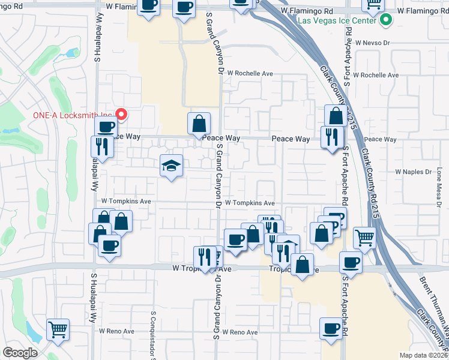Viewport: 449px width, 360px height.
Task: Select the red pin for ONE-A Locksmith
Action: (x=121, y=113)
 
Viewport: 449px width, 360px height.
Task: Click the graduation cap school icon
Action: (x=171, y=165)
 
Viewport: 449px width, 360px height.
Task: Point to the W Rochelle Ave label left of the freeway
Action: (x=250, y=73)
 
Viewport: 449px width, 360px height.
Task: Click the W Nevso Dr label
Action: (x=372, y=43)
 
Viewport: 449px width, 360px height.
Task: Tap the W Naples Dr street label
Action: (x=413, y=172)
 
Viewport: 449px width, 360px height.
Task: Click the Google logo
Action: (x=20, y=353)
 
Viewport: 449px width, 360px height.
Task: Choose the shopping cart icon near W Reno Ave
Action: (x=58, y=329)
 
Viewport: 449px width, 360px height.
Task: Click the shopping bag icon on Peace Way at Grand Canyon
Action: (x=199, y=124)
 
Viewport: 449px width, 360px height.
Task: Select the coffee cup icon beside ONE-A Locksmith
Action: (x=106, y=127)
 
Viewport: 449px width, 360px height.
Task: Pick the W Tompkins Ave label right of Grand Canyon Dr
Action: (x=250, y=203)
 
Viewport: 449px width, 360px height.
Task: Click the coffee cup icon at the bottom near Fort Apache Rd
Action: (x=331, y=328)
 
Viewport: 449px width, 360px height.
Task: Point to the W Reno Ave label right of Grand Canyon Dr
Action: (x=240, y=332)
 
